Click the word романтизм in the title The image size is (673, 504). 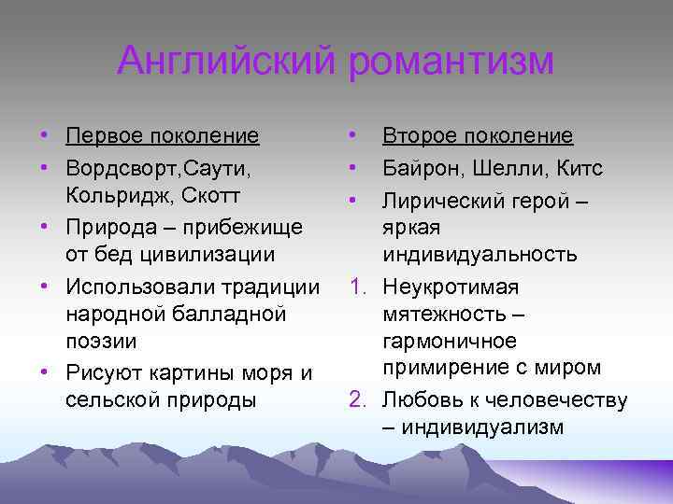click(452, 62)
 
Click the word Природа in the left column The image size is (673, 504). click(110, 227)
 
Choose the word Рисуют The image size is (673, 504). click(102, 372)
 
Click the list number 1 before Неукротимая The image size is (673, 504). click(356, 286)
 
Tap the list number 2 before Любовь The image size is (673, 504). click(356, 400)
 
